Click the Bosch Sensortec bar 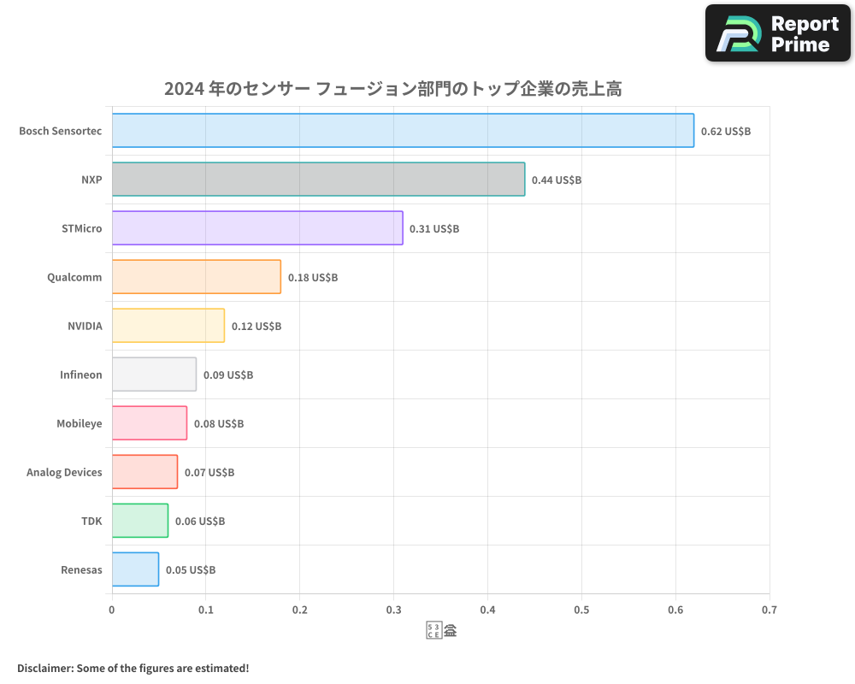click(403, 130)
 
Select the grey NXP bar click(318, 179)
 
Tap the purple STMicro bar click(257, 227)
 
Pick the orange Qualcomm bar click(197, 276)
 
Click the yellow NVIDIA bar click(168, 325)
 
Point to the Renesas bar click(135, 569)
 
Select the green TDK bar click(140, 521)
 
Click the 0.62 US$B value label click(725, 131)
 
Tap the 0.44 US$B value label click(556, 180)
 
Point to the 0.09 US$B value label click(227, 374)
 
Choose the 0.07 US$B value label click(209, 472)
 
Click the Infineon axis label click(80, 374)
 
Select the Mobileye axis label click(79, 423)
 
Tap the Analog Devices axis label click(64, 472)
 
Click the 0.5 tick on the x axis click(581, 610)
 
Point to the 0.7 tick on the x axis click(769, 610)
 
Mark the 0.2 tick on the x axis click(299, 610)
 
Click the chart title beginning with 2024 click(392, 89)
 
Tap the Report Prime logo click(778, 33)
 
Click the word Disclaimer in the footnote click(44, 668)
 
